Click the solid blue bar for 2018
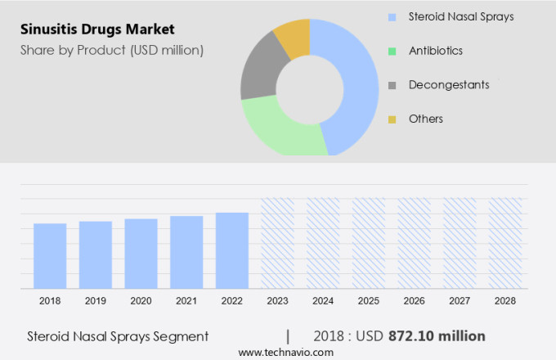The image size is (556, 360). tap(50, 255)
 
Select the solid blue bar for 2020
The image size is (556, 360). tap(141, 253)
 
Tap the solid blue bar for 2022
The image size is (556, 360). tap(232, 250)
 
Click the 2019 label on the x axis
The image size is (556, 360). tap(96, 301)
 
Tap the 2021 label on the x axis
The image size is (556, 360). tap(186, 301)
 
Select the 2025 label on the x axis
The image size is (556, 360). tap(368, 301)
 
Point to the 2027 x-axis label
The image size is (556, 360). tap(460, 301)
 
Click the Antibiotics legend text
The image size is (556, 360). tap(436, 51)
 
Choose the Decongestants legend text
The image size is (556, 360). tap(449, 85)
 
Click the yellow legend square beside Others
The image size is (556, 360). tap(392, 119)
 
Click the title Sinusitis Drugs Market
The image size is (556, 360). tap(99, 30)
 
